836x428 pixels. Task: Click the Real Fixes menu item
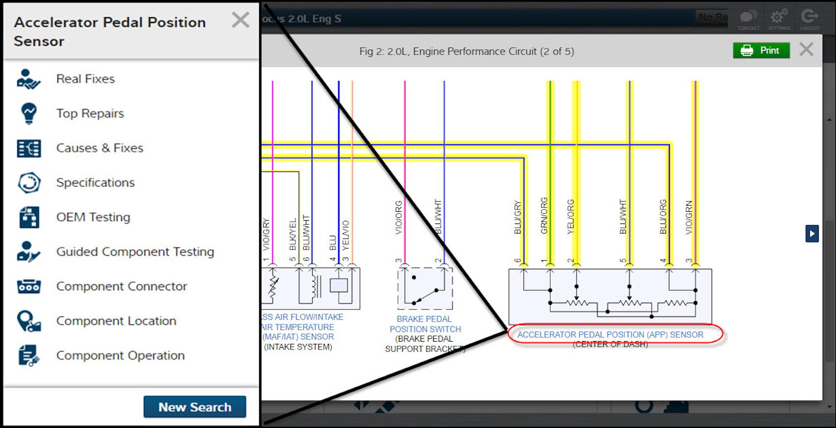[85, 79]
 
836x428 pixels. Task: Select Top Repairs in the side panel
[90, 114]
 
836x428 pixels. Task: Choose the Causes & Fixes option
[99, 148]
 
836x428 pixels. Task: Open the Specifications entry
[95, 183]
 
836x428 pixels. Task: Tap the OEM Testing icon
[29, 217]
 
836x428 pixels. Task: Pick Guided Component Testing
[135, 252]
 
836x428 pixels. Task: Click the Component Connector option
[121, 286]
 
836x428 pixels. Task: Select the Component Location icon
[29, 321]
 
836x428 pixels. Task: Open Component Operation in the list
[120, 356]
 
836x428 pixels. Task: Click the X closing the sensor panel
[240, 21]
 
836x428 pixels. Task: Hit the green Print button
[761, 51]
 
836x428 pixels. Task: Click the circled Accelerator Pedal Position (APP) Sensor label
[610, 335]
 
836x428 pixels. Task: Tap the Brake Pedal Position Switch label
[424, 324]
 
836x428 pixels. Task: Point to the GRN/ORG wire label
[543, 215]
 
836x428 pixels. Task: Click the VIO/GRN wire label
[689, 217]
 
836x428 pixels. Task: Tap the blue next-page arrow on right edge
[811, 234]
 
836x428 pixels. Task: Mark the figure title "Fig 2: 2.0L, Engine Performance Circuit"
[466, 52]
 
